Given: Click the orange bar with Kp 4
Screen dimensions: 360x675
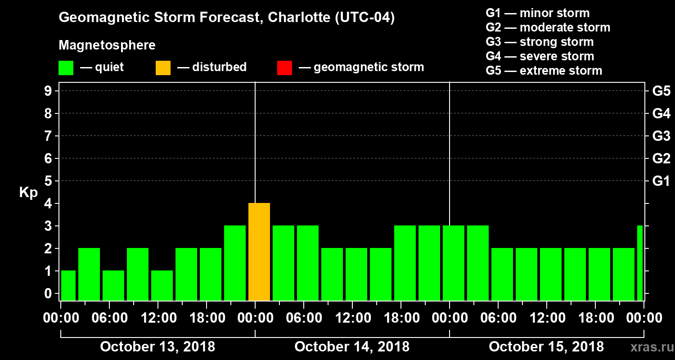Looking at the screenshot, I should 259,252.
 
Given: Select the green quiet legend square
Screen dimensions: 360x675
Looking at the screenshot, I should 66,68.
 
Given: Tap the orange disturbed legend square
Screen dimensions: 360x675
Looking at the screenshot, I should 163,68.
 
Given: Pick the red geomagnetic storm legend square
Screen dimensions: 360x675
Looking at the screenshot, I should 284,68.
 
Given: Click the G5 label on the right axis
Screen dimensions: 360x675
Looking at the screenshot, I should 661,91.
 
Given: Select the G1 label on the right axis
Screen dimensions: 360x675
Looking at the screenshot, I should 661,181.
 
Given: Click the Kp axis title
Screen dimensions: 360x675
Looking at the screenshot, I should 28,193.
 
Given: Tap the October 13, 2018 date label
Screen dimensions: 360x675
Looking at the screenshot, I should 157,347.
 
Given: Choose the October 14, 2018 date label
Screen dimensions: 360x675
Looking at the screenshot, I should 352,347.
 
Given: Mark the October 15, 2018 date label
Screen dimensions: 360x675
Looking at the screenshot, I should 546,347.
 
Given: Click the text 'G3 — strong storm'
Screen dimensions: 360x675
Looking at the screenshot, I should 540,42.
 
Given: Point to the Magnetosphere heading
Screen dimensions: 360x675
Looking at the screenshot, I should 107,45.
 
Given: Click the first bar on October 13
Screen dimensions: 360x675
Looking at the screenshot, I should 68,286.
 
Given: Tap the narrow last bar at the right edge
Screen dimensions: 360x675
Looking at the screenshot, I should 640,263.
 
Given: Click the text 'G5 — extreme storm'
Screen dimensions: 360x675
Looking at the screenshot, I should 544,71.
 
